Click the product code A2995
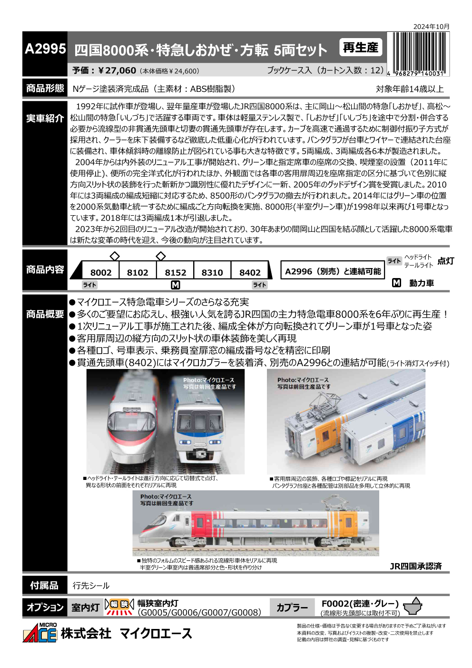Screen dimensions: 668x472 pos(45,49)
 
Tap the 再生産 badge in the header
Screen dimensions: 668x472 pos(360,48)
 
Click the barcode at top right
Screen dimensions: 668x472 pos(418,52)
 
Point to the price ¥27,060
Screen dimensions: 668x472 pos(117,70)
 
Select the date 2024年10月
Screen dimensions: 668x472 pos(431,27)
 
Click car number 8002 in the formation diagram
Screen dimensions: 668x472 pos(101,272)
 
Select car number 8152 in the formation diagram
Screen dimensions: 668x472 pos(176,272)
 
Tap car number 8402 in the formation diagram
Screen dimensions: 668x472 pos(250,272)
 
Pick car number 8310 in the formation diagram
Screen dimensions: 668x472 pos(212,272)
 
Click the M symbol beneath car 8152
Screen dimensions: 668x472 pos(176,285)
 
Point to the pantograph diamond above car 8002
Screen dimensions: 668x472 pos(115,256)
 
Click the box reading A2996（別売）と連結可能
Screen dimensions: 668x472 pos(333,271)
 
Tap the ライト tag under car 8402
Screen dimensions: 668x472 pos(259,285)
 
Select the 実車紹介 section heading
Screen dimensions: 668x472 pos(45,119)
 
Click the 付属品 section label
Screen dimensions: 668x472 pos(45,585)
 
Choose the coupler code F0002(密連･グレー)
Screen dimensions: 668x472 pos(360,604)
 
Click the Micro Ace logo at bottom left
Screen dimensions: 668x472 pos(40,633)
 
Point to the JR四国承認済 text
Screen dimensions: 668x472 pos(415,566)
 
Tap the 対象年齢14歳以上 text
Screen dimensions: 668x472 pos(410,89)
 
